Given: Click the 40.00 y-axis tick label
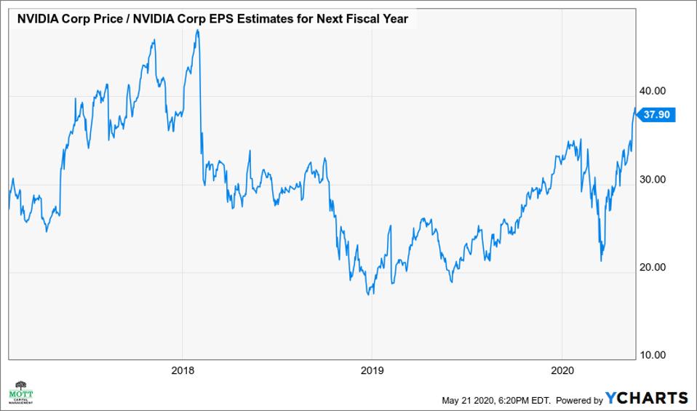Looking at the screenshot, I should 652,91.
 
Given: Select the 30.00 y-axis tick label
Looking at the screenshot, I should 652,179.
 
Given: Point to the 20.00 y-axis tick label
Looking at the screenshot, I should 652,267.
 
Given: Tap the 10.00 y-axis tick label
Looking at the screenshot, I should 652,355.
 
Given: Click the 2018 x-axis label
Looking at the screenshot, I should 183,370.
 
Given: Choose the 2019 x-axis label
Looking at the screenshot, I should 372,370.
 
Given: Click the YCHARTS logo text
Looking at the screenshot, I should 647,398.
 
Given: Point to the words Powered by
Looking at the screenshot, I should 579,399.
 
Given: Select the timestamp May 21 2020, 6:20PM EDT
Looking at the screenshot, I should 496,399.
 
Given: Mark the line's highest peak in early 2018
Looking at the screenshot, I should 197,30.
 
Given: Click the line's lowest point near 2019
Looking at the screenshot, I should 370,295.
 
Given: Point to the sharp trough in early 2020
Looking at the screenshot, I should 601,260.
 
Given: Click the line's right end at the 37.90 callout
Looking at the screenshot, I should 635,109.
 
